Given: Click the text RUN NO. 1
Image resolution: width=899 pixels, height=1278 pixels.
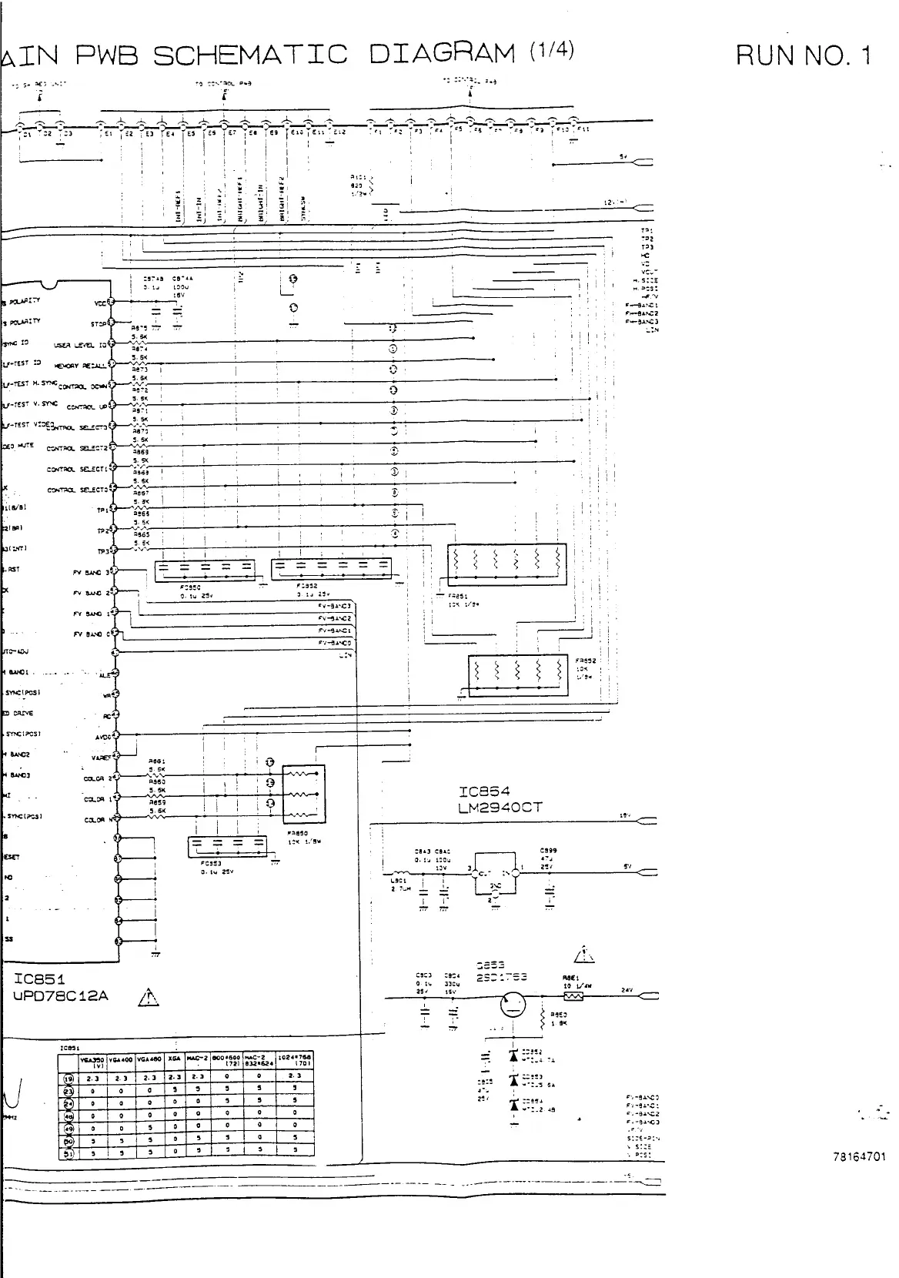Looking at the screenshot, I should coord(804,55).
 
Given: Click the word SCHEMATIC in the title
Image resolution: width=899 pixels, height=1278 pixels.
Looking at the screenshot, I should coord(250,55).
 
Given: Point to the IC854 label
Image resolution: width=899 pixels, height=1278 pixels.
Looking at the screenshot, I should coord(484,791).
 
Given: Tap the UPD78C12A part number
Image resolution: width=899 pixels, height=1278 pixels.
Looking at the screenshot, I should coord(62,996).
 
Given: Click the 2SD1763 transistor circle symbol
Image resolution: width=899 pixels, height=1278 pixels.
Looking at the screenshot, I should coord(511,1005).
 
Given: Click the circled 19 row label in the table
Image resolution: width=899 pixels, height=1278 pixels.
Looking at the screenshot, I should coord(69,1077).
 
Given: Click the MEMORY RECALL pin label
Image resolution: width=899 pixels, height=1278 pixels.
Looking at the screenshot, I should coord(81,366).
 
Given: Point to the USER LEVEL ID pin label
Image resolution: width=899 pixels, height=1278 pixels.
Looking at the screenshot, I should coord(80,345).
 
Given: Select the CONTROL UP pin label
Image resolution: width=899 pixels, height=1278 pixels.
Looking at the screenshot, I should coord(86,407).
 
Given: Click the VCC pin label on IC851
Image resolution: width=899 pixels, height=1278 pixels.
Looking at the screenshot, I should coord(100,303).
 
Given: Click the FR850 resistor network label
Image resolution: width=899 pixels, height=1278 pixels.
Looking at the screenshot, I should coord(297,832).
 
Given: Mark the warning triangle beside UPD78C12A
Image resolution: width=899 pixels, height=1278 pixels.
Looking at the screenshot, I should coord(148,999).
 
